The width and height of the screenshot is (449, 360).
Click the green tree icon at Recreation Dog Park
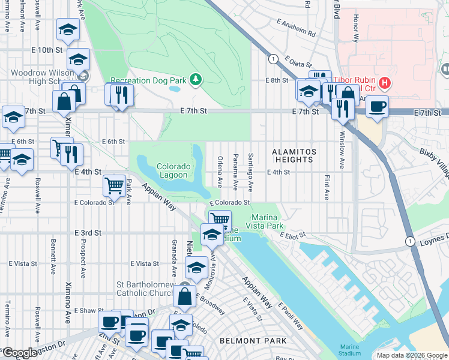click(195, 79)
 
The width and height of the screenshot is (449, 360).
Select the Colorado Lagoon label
click(174, 171)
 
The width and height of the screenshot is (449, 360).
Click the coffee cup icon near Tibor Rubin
click(377, 107)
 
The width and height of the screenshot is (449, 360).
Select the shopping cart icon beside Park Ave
click(114, 185)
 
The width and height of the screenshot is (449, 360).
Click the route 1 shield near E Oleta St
click(274, 58)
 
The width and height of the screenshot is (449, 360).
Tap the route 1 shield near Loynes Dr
click(410, 241)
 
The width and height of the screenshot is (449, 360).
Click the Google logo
click(20, 353)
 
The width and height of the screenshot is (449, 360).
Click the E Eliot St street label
click(293, 235)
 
